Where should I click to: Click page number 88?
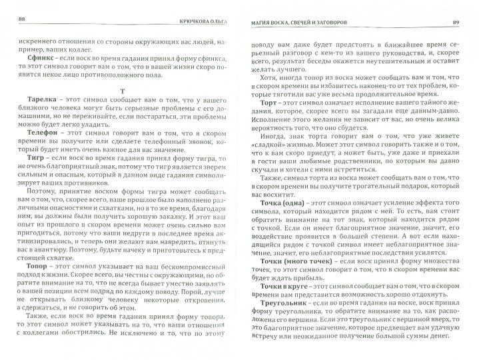point(22,16)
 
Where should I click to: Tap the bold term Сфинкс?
point(43,58)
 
